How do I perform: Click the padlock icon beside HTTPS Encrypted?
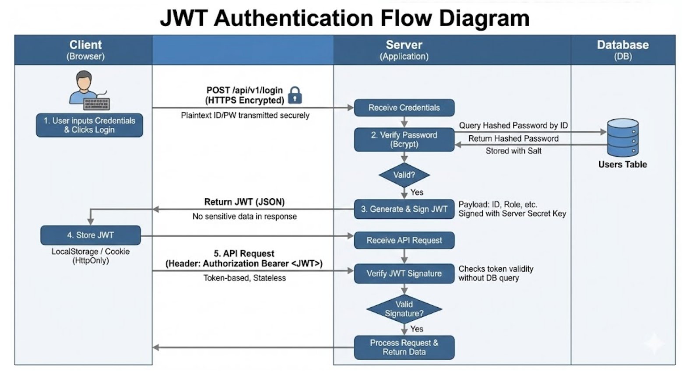(295, 95)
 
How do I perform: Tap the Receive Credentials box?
(404, 108)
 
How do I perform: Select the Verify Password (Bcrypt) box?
(404, 140)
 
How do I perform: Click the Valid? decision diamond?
(404, 175)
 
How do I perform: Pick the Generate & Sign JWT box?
(404, 209)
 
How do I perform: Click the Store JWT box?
(91, 235)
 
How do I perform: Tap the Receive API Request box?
(404, 240)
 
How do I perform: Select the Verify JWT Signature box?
(404, 273)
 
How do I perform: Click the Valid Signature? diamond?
(404, 309)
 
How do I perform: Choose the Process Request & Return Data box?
(404, 347)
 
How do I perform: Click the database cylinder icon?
(622, 137)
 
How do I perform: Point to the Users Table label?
(622, 165)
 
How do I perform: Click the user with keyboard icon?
(89, 91)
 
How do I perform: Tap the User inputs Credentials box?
(89, 125)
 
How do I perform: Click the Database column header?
(623, 49)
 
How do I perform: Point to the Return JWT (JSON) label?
(245, 202)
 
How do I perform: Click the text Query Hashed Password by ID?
(513, 126)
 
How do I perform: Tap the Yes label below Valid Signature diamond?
(416, 329)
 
